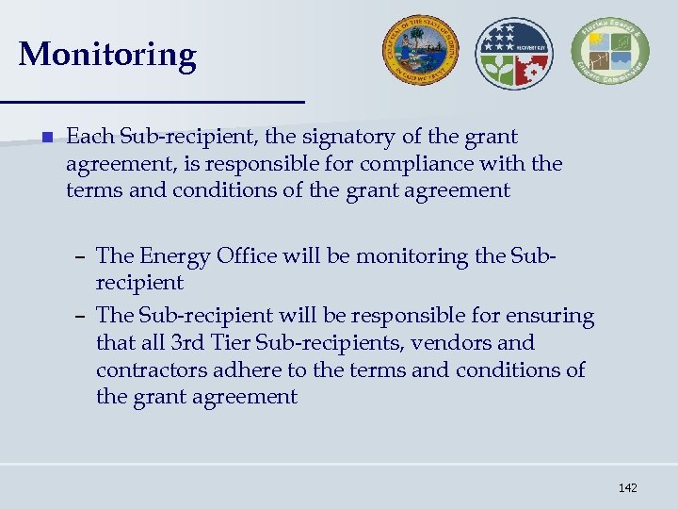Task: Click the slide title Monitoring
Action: pyautogui.click(x=107, y=55)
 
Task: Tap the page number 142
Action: pyautogui.click(x=628, y=487)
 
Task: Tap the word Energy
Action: pyautogui.click(x=173, y=256)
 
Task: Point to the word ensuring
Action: pyautogui.click(x=552, y=316)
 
